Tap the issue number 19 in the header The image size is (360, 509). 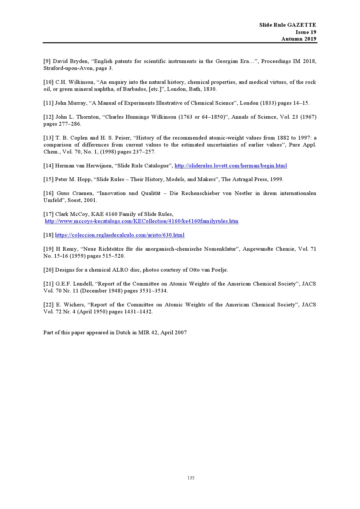[x=313, y=32]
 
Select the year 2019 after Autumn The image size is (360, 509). [x=310, y=39]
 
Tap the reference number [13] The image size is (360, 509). [x=48, y=138]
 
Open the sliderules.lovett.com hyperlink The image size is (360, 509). [x=231, y=166]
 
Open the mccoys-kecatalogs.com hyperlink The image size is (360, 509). [x=142, y=221]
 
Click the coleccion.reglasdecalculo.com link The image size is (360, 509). [x=120, y=235]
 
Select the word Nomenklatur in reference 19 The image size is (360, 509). [x=220, y=249]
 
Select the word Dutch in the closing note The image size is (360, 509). [x=123, y=333]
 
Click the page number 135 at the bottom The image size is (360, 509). [x=191, y=478]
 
